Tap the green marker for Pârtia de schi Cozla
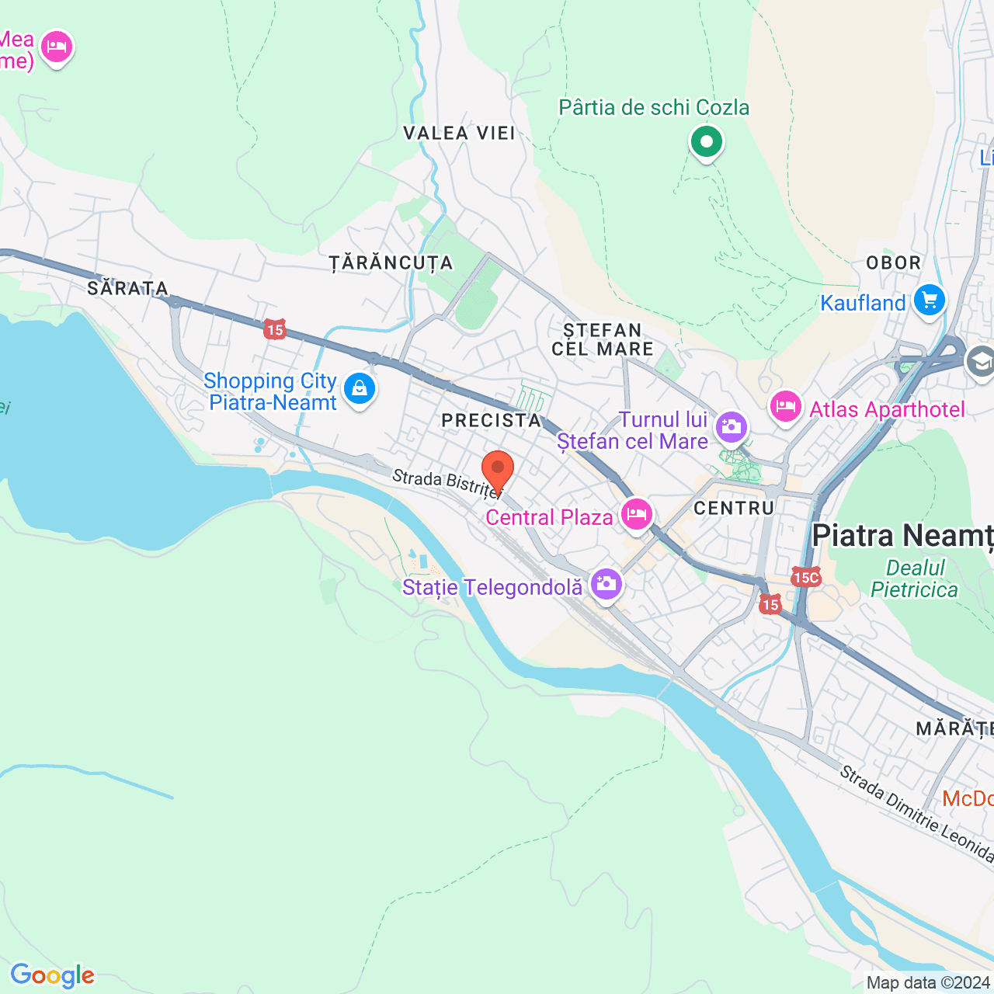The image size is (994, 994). coord(706,143)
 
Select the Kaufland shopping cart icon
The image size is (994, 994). coord(929,301)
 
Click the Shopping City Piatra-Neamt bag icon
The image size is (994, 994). coord(359,388)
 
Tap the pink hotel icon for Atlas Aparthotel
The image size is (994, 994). coord(785,407)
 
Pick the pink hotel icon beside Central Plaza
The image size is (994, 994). coord(636,514)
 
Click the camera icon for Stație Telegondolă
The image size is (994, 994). coord(606,584)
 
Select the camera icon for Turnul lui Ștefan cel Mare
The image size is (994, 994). coord(732,427)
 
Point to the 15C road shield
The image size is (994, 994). coord(806,577)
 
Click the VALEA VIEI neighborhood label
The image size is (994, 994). coord(460,134)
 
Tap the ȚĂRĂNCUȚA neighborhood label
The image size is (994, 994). coord(391,263)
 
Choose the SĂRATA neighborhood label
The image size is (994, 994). coord(128,289)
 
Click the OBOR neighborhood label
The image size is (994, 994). coord(893,262)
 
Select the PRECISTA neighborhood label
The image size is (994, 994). coord(492,420)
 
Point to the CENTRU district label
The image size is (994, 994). coord(734,508)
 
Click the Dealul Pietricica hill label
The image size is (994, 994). coord(914,579)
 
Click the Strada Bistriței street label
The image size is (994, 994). coord(447,482)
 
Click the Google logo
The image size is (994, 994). coord(52,975)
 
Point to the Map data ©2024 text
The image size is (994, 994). coord(928,982)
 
